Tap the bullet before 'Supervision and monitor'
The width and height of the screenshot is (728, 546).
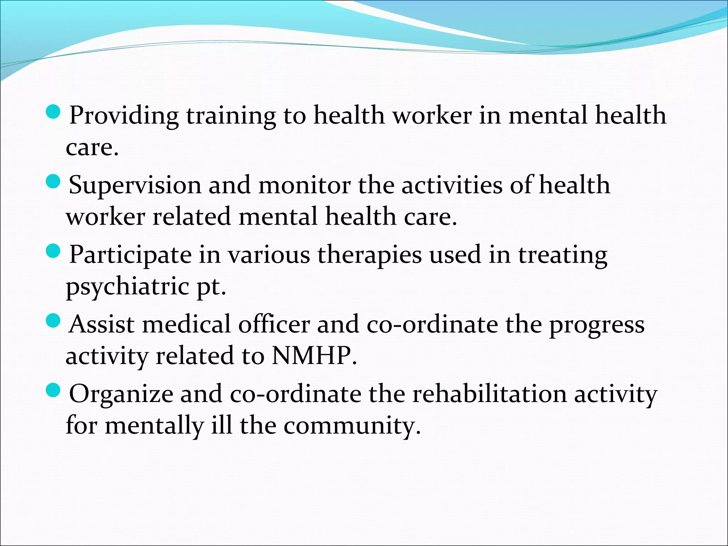54,182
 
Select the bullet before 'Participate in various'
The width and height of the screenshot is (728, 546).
54,252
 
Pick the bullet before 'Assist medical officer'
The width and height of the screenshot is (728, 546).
54,321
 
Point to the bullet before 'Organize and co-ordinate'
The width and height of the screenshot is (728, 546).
54,391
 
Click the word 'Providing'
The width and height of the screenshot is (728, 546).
124,116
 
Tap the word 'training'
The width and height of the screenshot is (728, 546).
231,116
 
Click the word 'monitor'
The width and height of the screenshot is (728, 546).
304,186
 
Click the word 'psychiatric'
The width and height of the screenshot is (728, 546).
127,287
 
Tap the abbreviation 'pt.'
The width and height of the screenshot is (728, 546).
212,287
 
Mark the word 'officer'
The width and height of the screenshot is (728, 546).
274,325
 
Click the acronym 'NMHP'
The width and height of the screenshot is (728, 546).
311,356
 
